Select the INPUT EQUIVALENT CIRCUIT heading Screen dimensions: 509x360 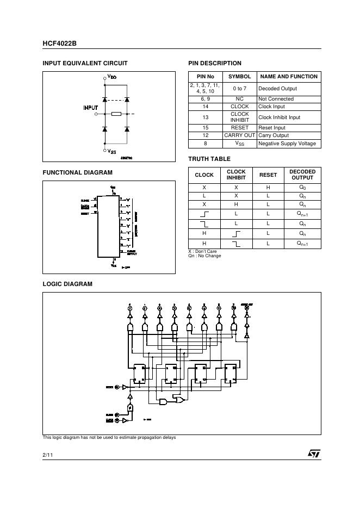pos(85,63)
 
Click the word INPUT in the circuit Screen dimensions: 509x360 pos(90,108)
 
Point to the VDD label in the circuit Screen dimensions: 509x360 pos(112,77)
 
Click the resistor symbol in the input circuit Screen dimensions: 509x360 pos(116,114)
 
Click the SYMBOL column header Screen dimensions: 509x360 pos(239,77)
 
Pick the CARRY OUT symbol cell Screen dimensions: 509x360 pos(239,135)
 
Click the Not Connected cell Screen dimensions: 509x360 pos(276,99)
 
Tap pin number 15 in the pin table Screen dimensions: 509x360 pos(205,128)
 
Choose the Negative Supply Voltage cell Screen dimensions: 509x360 pos(287,144)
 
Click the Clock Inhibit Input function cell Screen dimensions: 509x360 pos(279,117)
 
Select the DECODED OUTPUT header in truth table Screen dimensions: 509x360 pos(302,175)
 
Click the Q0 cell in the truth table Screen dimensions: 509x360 pos(302,187)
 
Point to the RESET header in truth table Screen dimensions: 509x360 pos(268,175)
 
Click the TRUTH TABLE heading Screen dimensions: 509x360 pos(209,159)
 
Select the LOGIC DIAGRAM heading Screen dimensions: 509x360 pos(67,284)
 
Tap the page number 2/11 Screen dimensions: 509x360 pos(48,454)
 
